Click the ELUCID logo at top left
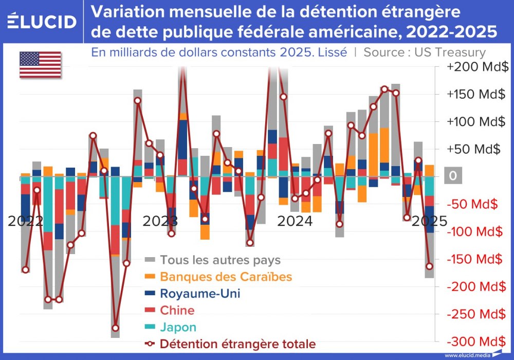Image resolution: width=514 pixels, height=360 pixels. [x=43, y=22]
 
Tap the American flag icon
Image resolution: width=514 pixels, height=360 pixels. [x=40, y=65]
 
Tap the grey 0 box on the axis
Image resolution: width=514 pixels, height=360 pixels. [x=452, y=176]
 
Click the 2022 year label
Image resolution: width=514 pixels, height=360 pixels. [x=26, y=221]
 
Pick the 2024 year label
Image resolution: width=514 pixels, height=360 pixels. [x=295, y=221]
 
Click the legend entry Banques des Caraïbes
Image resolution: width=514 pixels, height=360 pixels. [x=226, y=277]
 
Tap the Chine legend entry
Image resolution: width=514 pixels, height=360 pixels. [x=177, y=311]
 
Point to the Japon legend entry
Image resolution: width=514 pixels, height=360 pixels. [x=178, y=328]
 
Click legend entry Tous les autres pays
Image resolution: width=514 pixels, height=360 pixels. [x=220, y=260]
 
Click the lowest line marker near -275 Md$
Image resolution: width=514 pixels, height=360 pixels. [x=115, y=328]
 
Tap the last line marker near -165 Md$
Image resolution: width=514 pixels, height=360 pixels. [x=430, y=266]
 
